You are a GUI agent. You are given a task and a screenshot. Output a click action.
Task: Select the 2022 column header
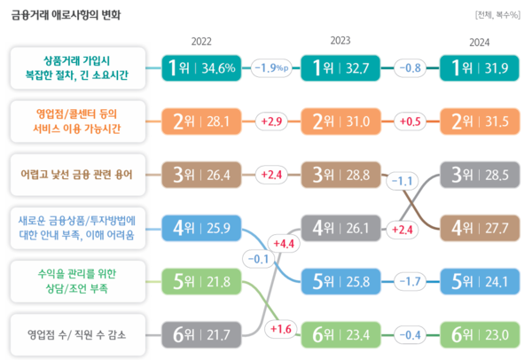point(201,42)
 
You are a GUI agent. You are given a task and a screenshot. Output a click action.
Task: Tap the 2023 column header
point(340,42)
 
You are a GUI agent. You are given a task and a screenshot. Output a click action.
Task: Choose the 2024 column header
point(480,42)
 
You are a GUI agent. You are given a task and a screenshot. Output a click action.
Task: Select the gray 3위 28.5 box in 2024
point(480,175)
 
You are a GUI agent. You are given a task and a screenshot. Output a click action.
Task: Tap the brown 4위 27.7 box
point(480,228)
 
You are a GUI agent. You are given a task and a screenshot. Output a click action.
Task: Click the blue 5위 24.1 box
point(480,282)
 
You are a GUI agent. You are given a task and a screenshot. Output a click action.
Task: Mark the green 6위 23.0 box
point(480,334)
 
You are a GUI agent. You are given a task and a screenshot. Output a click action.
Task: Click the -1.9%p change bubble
point(271,68)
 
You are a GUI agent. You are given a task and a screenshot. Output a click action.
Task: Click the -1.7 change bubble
point(411,282)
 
